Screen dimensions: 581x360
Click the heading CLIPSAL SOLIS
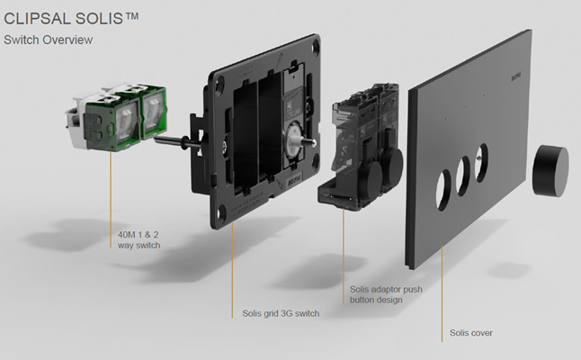tap(71, 18)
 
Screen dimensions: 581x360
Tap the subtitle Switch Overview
tap(49, 40)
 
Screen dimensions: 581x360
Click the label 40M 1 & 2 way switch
tap(139, 240)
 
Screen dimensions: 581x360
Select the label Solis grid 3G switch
tap(281, 313)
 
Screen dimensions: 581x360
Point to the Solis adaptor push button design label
tap(386, 294)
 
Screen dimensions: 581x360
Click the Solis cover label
tap(471, 333)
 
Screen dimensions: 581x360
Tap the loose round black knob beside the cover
tap(550, 170)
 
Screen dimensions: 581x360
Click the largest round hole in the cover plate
tap(443, 190)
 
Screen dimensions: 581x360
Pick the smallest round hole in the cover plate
tap(481, 162)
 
